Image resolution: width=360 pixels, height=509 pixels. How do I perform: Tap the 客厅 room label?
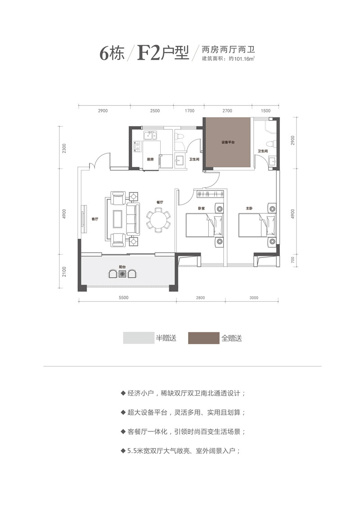click(94, 219)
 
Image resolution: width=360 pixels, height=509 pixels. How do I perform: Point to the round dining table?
click(158, 220)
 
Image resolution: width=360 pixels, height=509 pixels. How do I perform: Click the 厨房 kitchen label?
click(151, 159)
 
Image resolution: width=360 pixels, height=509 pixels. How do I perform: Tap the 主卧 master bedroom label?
click(249, 208)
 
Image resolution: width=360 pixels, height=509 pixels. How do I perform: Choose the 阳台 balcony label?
click(122, 267)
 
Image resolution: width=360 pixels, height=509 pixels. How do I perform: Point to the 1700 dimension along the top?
click(189, 110)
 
